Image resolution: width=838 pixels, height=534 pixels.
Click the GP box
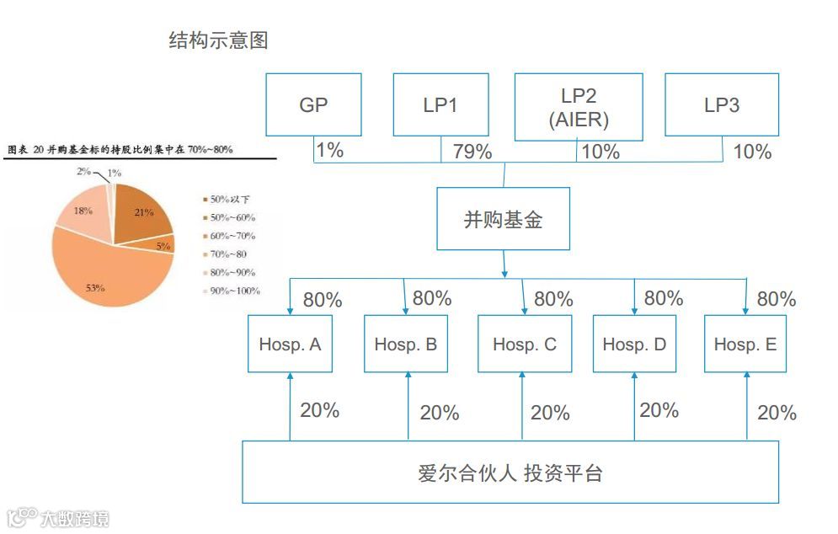[x=313, y=104]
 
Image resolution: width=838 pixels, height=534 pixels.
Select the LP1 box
[x=440, y=104]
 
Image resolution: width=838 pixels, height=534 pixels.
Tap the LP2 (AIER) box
[x=578, y=106]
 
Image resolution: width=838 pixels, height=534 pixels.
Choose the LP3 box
[x=722, y=104]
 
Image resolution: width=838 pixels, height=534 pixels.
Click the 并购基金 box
[x=504, y=219]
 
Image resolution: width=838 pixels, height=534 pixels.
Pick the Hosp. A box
[x=290, y=344]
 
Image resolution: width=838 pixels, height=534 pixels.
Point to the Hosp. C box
[x=524, y=344]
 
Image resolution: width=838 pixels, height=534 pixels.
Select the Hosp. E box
[x=745, y=344]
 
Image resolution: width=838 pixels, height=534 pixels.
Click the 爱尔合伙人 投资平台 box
[x=510, y=472]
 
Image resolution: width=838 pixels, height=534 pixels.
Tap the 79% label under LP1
[x=472, y=152]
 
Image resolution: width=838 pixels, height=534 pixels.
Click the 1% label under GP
[x=329, y=151]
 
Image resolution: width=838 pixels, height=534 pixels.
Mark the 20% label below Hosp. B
[x=440, y=413]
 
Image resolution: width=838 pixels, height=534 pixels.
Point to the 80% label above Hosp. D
[x=664, y=297]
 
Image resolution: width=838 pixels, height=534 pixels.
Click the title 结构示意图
[x=218, y=40]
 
